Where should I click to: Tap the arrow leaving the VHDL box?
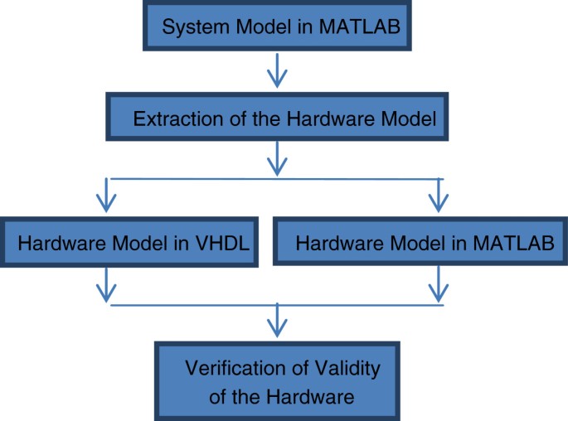point(105,285)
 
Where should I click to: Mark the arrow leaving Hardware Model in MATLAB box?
point(437,285)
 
